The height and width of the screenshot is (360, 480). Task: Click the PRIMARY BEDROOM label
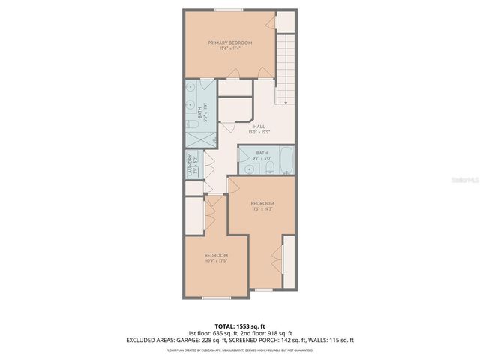click(229, 43)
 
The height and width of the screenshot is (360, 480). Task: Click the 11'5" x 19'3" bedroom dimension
click(262, 209)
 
